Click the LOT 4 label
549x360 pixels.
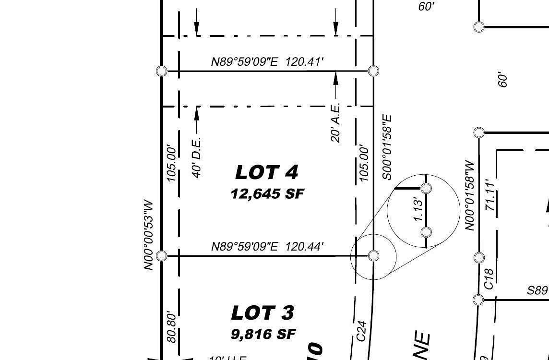pos(267,172)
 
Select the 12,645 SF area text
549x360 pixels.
pos(267,194)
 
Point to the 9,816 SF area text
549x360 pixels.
pos(263,334)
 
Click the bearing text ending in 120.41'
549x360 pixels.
pos(267,62)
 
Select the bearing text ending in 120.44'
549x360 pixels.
pos(267,247)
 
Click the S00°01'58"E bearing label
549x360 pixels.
pos(387,147)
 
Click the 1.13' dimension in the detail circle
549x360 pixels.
pos(418,209)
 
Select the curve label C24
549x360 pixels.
pos(362,331)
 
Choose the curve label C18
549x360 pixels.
pos(489,278)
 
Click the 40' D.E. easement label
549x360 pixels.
pos(197,158)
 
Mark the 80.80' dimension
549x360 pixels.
pos(171,327)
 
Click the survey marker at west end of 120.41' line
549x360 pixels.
pos(162,71)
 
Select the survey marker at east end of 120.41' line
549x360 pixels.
pos(373,71)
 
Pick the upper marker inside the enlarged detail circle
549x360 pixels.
pos(426,188)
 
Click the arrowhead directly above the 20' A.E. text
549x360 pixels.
pos(335,76)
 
